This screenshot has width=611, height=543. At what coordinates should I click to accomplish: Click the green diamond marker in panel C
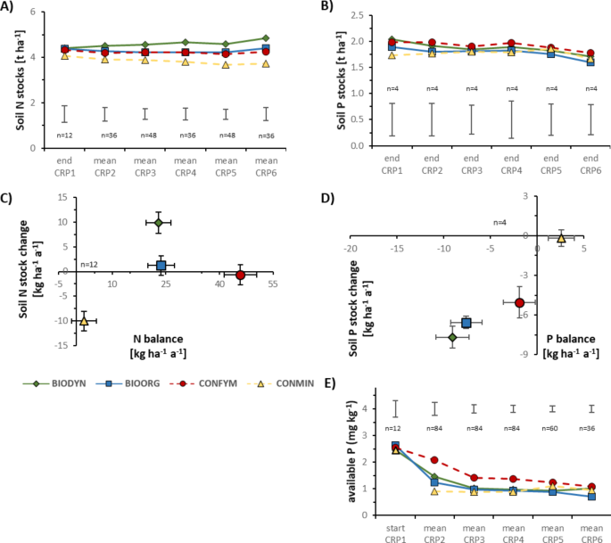158,222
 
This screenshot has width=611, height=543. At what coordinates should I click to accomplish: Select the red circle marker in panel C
241,276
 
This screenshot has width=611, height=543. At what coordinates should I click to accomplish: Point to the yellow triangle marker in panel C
84,321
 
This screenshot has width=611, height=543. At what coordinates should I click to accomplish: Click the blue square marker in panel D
466,322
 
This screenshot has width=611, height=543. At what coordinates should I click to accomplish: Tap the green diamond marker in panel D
452,337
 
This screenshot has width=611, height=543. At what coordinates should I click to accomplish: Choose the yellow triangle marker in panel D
561,238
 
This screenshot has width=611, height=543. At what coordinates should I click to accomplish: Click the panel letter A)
11,8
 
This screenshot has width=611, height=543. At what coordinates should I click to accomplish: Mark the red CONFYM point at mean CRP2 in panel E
434,460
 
